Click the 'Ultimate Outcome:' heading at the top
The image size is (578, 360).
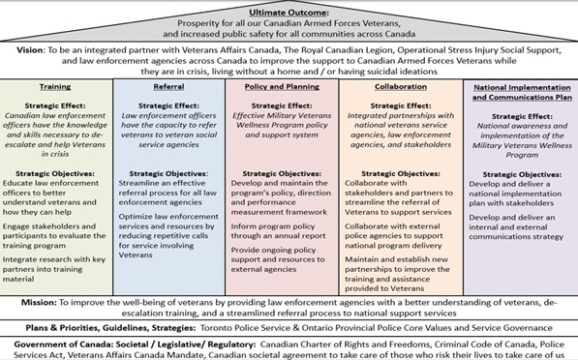pyautogui.click(x=289, y=9)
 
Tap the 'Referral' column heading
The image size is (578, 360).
pyautogui.click(x=170, y=86)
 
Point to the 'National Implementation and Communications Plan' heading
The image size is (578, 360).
pyautogui.click(x=519, y=91)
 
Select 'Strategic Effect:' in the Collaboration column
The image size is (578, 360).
pyautogui.click(x=399, y=107)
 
